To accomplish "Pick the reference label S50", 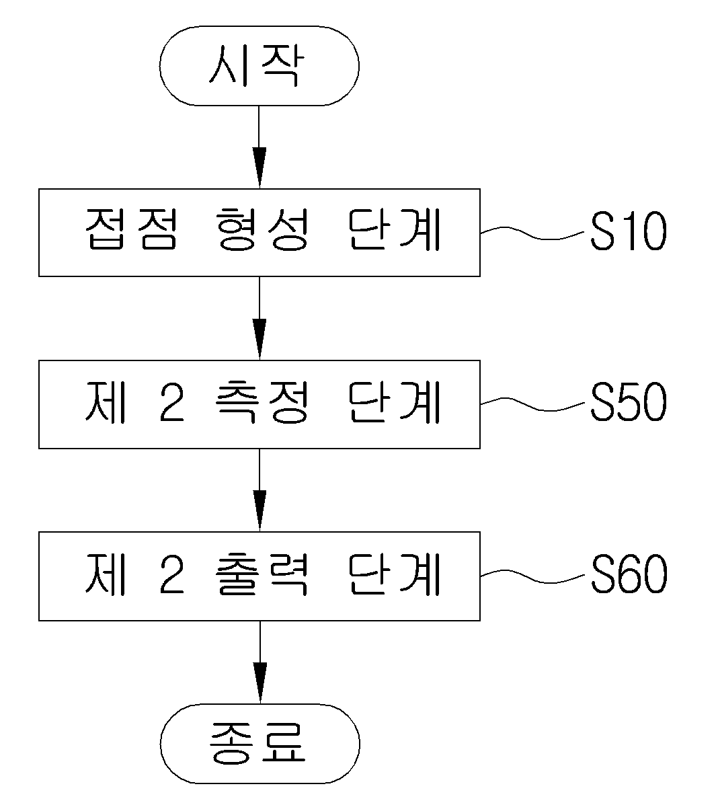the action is click(x=628, y=402).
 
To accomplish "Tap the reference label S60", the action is click(x=629, y=574).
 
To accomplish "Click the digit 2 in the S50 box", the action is click(x=171, y=403).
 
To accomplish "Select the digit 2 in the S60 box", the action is click(x=171, y=575).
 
